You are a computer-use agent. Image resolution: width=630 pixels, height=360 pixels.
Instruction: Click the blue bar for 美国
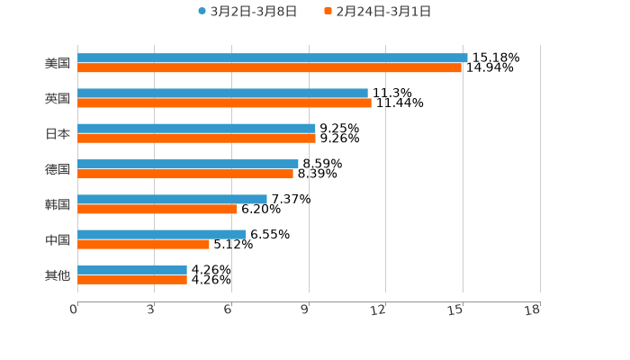[x=272, y=58]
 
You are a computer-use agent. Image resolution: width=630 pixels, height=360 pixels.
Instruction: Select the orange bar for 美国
[x=269, y=67]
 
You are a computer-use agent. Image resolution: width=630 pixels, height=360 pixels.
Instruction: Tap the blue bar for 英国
[x=222, y=93]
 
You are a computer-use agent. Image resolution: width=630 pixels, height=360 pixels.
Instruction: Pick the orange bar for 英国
[x=224, y=103]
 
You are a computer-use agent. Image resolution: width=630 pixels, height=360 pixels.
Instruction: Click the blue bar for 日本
[x=196, y=129]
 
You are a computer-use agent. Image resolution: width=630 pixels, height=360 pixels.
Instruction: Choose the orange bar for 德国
[x=185, y=174]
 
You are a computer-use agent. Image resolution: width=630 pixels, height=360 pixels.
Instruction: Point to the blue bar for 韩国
[x=172, y=199]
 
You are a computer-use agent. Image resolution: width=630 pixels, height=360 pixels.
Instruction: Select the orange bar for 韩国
[x=157, y=209]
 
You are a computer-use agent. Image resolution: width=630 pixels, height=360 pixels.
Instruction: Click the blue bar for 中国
[x=162, y=234]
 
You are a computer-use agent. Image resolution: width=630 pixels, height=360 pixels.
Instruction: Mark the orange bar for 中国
[x=143, y=244]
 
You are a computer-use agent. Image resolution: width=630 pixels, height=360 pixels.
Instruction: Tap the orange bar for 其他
[x=132, y=280]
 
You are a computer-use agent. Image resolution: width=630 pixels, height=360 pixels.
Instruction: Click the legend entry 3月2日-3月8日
[x=247, y=12]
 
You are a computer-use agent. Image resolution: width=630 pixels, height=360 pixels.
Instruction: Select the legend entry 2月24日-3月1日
[x=377, y=12]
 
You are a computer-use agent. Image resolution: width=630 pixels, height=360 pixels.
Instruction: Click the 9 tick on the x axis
[x=305, y=310]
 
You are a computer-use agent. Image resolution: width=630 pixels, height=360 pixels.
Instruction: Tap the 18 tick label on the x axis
[x=533, y=310]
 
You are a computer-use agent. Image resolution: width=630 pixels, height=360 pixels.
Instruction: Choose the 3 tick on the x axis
[x=151, y=310]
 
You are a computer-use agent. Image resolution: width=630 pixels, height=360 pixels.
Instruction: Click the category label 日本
[x=58, y=134]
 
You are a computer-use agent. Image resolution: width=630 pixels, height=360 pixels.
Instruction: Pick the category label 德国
[x=58, y=169]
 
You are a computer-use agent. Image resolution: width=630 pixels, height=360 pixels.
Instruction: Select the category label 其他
[x=58, y=275]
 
